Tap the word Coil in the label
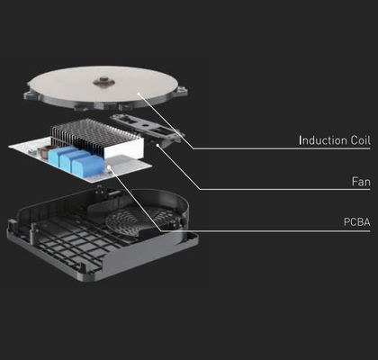click(x=360, y=140)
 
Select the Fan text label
click(x=361, y=182)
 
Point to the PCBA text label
click(x=357, y=222)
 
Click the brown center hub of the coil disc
click(x=103, y=81)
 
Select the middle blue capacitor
click(x=75, y=160)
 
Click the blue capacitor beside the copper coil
click(x=62, y=155)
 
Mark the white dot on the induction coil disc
click(x=139, y=94)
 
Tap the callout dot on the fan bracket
click(x=158, y=145)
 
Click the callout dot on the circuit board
click(x=109, y=166)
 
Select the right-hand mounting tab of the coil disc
click(x=181, y=90)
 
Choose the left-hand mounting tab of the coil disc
click(x=30, y=94)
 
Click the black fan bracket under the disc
click(x=147, y=130)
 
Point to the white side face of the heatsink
click(x=124, y=149)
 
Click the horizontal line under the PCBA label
click(x=265, y=231)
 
